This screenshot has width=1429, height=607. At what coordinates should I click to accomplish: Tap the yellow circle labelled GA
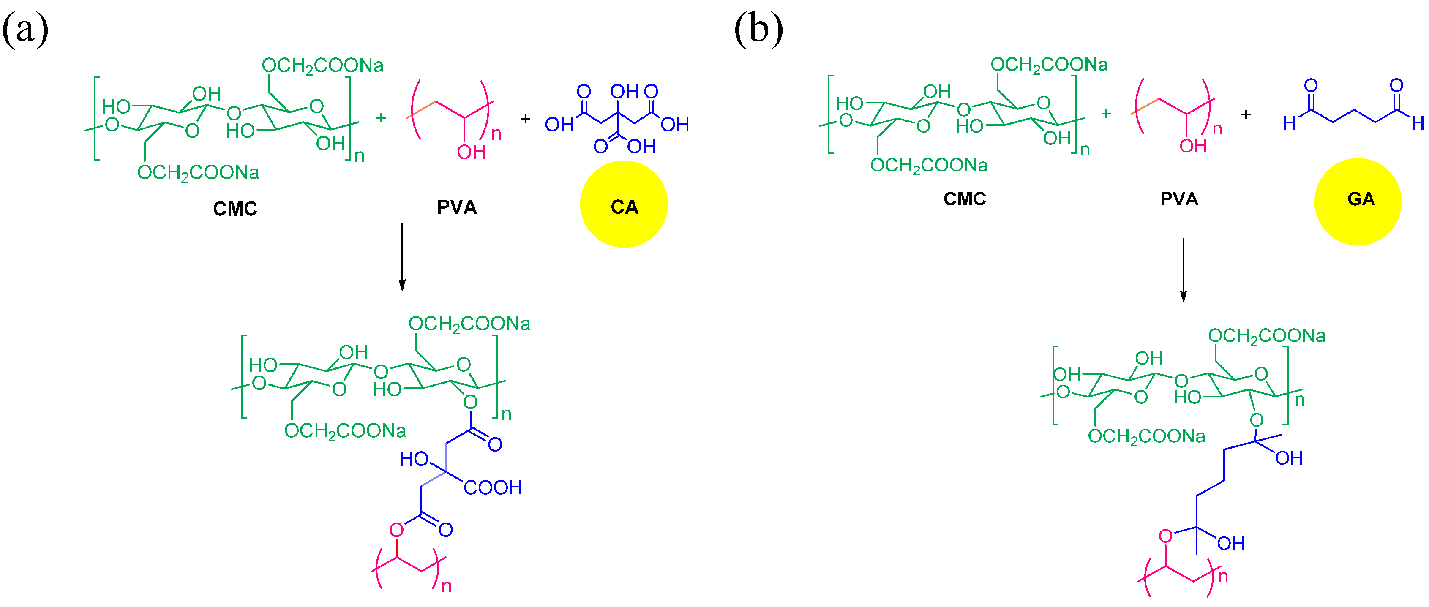[1358, 201]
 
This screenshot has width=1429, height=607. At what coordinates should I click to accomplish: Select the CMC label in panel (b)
[965, 199]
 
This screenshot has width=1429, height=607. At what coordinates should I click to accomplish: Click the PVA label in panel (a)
[457, 207]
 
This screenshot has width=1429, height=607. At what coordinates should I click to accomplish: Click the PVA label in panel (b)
[1179, 199]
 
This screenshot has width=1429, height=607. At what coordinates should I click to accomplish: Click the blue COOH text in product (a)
[493, 488]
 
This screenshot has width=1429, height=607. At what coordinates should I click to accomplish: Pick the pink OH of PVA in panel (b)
[1193, 146]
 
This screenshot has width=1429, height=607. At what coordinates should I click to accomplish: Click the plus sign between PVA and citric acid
[525, 119]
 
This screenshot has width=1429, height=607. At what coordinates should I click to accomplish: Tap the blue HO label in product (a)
[414, 459]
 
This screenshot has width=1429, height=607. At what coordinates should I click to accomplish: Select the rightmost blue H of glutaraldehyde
[1417, 123]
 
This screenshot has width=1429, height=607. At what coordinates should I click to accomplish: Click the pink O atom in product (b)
[1165, 536]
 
